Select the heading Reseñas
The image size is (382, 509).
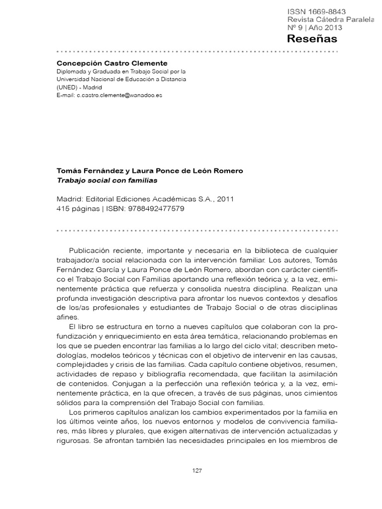[x=312, y=39]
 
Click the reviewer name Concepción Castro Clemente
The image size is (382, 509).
[x=112, y=63]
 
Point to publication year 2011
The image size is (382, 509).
[x=223, y=199]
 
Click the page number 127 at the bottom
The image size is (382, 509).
[x=197, y=471]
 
